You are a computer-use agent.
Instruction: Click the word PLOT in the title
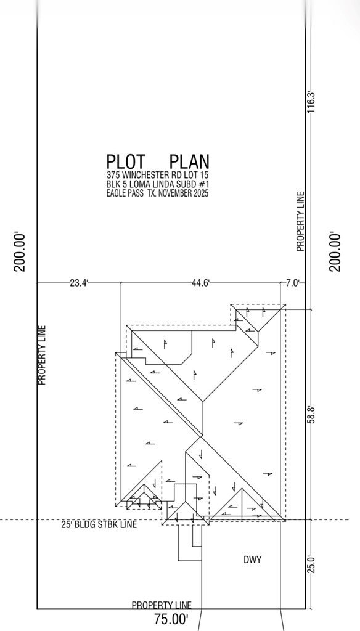126,161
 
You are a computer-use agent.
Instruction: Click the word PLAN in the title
189,161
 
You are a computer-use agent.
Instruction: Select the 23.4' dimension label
79,283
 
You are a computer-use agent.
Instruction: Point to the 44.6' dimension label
200,283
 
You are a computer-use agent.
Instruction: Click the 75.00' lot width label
171,619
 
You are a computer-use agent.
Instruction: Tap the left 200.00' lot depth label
20,252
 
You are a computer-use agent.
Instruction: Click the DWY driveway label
253,560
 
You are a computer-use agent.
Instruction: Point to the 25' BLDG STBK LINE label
99,524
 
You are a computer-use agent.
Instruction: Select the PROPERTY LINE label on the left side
42,356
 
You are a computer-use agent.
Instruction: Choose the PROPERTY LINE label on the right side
300,222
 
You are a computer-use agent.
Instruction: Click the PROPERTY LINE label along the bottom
162,605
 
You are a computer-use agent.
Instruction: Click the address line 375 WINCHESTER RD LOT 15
157,176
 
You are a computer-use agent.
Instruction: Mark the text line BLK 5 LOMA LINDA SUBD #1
157,184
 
